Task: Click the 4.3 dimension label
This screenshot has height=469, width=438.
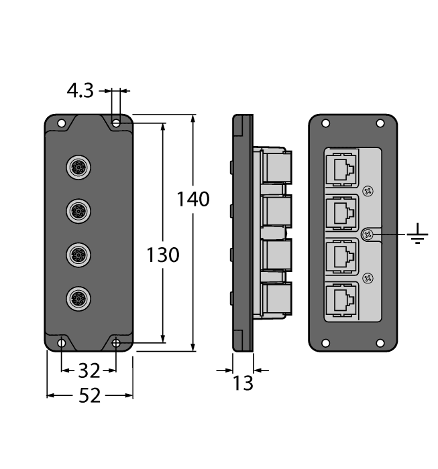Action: click(80, 91)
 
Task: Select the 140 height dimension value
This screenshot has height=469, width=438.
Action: click(193, 199)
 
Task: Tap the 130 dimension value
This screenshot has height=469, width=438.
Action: click(163, 255)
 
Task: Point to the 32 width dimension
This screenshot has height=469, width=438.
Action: click(89, 370)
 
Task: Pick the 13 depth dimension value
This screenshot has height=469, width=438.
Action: click(243, 383)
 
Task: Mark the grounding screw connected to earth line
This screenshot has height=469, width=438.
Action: click(367, 234)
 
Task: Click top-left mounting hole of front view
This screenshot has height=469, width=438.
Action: click(61, 124)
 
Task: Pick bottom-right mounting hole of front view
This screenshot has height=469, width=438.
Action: click(116, 343)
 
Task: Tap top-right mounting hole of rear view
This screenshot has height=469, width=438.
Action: click(380, 124)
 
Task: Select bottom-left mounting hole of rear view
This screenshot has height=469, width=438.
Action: click(326, 343)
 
